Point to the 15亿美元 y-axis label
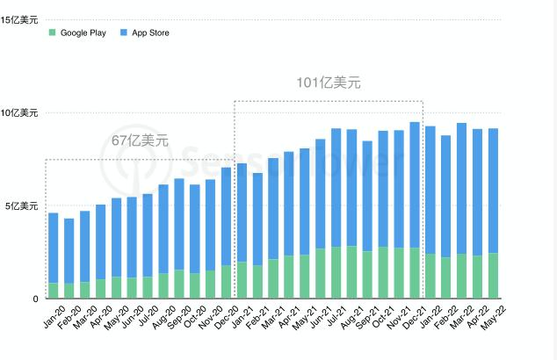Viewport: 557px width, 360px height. click(x=19, y=19)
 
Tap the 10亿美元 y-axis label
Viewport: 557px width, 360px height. click(x=19, y=112)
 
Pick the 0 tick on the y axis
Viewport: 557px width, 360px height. click(x=36, y=299)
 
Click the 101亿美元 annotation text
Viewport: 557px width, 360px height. click(x=328, y=83)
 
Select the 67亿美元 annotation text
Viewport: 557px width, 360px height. click(x=139, y=140)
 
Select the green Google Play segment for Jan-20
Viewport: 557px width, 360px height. click(x=54, y=291)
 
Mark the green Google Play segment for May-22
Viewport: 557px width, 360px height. click(x=494, y=276)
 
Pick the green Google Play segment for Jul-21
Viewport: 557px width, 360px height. click(x=336, y=273)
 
